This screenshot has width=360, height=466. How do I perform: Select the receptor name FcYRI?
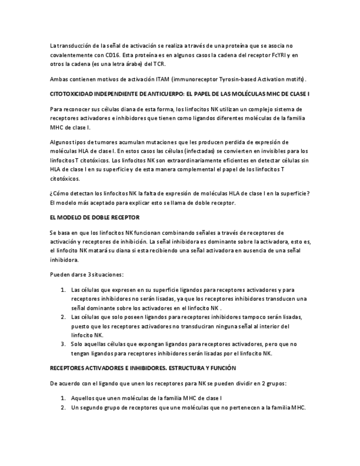coord(280,56)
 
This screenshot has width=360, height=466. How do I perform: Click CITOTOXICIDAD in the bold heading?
coord(72,94)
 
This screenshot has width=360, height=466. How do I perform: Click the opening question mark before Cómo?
coord(51,193)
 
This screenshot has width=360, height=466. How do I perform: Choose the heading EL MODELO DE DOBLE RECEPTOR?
coord(95,218)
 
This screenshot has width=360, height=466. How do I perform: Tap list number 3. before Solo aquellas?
coord(63,344)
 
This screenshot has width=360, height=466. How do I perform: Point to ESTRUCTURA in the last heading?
coord(176,368)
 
